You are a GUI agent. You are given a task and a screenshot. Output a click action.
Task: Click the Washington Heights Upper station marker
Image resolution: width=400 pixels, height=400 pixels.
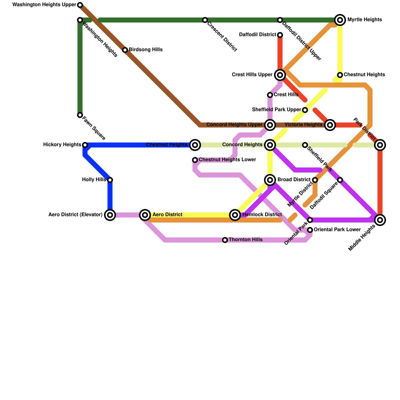pos(80,5)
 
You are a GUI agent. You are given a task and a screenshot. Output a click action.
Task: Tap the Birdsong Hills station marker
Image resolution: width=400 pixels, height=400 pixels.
pos(125,50)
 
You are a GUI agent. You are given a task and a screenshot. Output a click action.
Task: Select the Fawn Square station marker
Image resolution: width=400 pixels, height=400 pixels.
pos(80,115)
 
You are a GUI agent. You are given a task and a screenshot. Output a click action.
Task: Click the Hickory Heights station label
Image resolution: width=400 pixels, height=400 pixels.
pos(62,145)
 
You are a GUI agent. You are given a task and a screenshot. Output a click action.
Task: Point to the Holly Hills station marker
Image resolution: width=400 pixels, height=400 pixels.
pos(110,180)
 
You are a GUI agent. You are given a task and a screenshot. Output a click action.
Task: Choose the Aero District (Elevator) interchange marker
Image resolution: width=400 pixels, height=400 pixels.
pos(110,215)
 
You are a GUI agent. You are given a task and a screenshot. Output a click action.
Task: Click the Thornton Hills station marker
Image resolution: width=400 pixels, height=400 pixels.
pos(225,240)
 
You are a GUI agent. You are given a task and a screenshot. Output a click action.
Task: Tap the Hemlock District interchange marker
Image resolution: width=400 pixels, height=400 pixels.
pos(235,215)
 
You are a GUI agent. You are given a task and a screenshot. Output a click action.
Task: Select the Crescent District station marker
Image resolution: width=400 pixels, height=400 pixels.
pos(205,20)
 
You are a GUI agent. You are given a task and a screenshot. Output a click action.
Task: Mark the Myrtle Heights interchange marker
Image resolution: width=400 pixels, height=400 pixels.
pos(340,20)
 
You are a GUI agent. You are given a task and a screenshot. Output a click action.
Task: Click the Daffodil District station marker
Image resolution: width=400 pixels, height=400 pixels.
pos(280,35)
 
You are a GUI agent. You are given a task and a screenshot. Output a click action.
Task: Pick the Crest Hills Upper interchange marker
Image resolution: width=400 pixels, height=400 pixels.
pos(280,75)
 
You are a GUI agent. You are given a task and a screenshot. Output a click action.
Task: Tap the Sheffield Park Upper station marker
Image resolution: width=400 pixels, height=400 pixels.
pos(305,110)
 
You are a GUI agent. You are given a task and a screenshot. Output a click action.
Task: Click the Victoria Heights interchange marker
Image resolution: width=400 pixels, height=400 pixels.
pos(330,125)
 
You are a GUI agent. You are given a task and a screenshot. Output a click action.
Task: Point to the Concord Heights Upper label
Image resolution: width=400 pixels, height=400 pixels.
pos(234,125)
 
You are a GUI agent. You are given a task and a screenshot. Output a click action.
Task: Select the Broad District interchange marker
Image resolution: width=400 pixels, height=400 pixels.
pos(270,180)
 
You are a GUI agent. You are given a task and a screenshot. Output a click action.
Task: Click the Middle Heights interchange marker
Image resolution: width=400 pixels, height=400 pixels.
pos(380,220)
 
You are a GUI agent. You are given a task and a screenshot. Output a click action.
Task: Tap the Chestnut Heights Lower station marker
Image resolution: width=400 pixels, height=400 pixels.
pos(195,160)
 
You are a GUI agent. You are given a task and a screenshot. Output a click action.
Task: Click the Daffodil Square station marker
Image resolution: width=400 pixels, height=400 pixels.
pos(340,180)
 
